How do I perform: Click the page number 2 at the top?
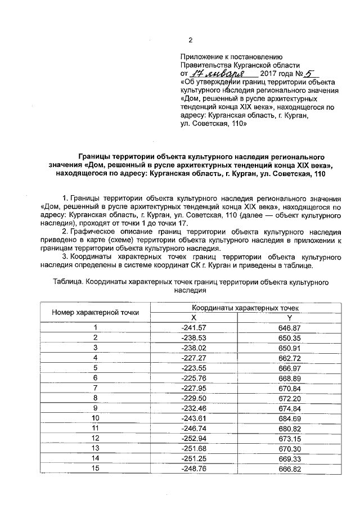coord(190,40)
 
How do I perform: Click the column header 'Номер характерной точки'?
coord(96,312)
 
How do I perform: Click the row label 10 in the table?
coord(96,418)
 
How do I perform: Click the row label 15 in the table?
coord(96,469)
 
